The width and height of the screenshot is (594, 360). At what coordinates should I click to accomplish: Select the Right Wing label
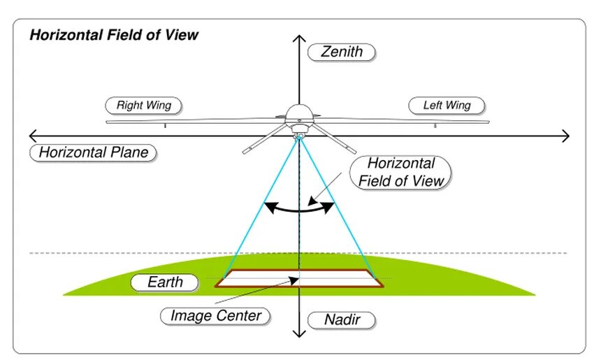point(143,106)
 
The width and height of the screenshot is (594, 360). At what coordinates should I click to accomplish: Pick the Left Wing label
point(447,106)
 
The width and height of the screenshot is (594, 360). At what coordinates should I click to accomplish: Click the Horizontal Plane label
point(94,152)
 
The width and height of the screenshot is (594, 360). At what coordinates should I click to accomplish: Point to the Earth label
point(165,282)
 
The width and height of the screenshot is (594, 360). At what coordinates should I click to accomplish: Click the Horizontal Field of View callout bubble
point(400,173)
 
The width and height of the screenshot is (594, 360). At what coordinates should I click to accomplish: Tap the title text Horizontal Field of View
point(114,35)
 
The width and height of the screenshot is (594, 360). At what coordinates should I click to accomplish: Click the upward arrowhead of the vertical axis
point(299,38)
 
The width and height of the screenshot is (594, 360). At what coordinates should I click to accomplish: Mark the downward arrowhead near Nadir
point(299,333)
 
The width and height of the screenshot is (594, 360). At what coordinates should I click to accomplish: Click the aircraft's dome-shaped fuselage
point(299,113)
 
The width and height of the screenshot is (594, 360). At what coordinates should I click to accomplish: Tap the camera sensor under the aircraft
point(299,135)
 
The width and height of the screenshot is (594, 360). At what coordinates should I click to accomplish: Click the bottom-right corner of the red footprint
point(383,286)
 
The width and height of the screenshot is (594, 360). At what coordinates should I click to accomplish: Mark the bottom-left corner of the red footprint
point(215,286)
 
